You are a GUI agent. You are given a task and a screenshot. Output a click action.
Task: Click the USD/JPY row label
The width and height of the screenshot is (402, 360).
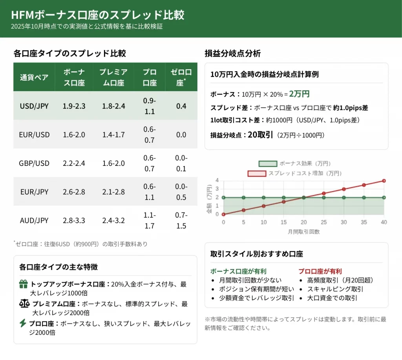[34, 106]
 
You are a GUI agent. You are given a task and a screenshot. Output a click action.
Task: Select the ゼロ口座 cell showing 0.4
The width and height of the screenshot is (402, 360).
[181, 106]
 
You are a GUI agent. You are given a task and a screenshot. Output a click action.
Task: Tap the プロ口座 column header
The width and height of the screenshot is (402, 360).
[149, 77]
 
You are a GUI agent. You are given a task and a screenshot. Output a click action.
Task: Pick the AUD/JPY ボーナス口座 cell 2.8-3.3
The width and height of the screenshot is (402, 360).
[74, 220]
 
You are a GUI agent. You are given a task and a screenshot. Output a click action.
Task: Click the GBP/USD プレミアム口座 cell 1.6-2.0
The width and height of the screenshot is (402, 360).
[113, 163]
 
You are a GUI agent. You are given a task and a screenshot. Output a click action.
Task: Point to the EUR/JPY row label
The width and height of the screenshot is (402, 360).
[34, 192]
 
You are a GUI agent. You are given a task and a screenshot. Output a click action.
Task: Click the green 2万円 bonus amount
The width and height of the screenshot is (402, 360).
[299, 94]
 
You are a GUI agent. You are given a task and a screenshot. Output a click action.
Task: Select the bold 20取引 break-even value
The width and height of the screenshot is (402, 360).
[260, 135]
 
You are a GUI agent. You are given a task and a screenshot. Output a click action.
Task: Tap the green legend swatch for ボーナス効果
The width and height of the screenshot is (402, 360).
[267, 163]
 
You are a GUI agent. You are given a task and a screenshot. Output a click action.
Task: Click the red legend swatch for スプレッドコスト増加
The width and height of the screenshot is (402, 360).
[257, 173]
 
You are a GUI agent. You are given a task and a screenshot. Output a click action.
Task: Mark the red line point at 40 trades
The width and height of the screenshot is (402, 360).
[384, 181]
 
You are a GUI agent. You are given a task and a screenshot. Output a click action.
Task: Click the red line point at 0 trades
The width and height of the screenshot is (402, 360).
[223, 214]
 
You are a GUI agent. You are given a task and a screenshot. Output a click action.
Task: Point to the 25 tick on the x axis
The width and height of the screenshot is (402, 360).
[323, 222]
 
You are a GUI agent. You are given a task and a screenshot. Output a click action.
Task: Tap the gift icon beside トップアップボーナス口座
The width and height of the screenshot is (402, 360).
[23, 284]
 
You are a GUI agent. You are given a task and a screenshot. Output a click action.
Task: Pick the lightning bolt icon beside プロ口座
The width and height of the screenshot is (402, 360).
[23, 323]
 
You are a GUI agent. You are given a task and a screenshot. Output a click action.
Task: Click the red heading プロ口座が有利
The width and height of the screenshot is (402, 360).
[320, 271]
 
